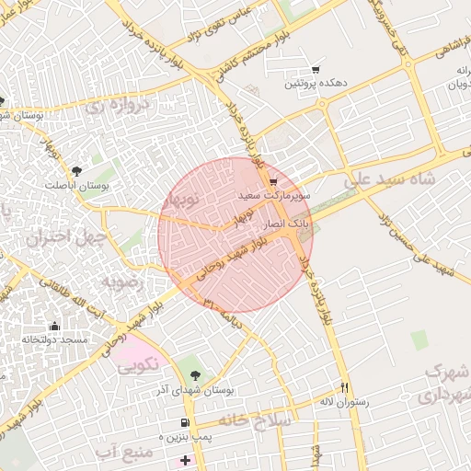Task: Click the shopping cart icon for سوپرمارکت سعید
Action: pyautogui.click(x=273, y=182)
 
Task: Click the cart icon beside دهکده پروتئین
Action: pyautogui.click(x=316, y=70)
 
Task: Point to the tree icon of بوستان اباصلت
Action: pyautogui.click(x=76, y=170)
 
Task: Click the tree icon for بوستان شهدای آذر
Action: pyautogui.click(x=195, y=374)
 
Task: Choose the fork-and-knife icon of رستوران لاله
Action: pyautogui.click(x=345, y=387)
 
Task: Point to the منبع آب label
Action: pyautogui.click(x=120, y=451)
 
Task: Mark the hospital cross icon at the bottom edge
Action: pyautogui.click(x=186, y=459)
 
